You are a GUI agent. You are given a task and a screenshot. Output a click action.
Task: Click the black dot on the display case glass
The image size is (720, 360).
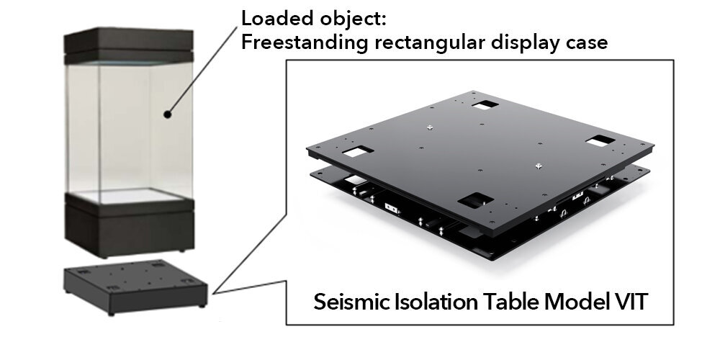point(167,113)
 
